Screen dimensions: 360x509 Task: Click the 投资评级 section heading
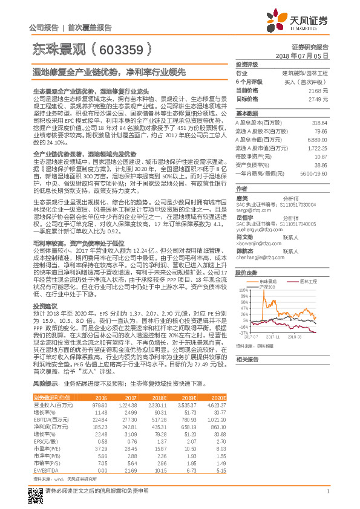point(247,64)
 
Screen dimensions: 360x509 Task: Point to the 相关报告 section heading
point(247,359)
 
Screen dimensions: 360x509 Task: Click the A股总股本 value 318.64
point(318,122)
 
